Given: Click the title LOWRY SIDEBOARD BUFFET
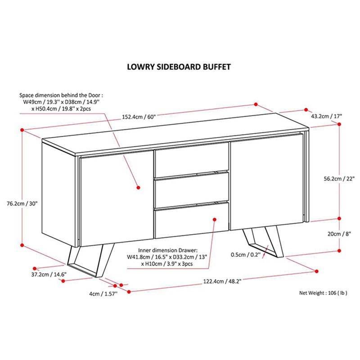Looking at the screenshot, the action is coord(179,67).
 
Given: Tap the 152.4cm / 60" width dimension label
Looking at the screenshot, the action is coord(139,117).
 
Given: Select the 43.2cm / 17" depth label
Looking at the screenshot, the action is coord(327,116).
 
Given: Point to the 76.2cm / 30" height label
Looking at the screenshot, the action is coord(22,204).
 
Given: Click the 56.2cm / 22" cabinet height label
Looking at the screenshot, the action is coord(339,179).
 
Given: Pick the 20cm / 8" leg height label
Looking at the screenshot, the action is coord(339,234).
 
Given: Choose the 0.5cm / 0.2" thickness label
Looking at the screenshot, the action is coord(246,255).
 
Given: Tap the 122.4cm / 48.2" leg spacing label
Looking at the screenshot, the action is coord(222,281).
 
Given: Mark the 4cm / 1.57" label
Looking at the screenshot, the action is coord(103,294).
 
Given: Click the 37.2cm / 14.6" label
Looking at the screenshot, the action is coord(49,274).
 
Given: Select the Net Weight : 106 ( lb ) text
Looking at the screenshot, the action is coord(323,293).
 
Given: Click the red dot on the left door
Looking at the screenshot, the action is coord(138,188).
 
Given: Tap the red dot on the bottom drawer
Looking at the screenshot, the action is coord(215,220).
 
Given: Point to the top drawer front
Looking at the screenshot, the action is coord(192,159).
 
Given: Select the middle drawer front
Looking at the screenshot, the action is coord(192,190).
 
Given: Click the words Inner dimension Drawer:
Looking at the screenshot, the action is coord(167,250).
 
